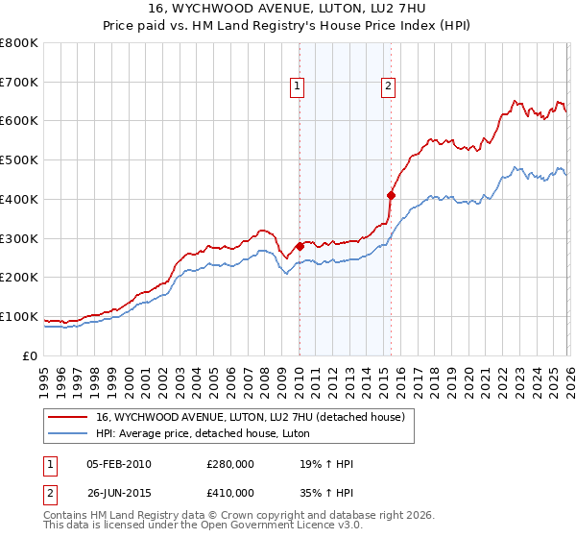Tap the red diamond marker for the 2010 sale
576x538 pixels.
pos(300,246)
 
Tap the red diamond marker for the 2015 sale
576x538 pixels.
pos(391,195)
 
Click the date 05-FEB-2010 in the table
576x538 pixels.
pos(119,465)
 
